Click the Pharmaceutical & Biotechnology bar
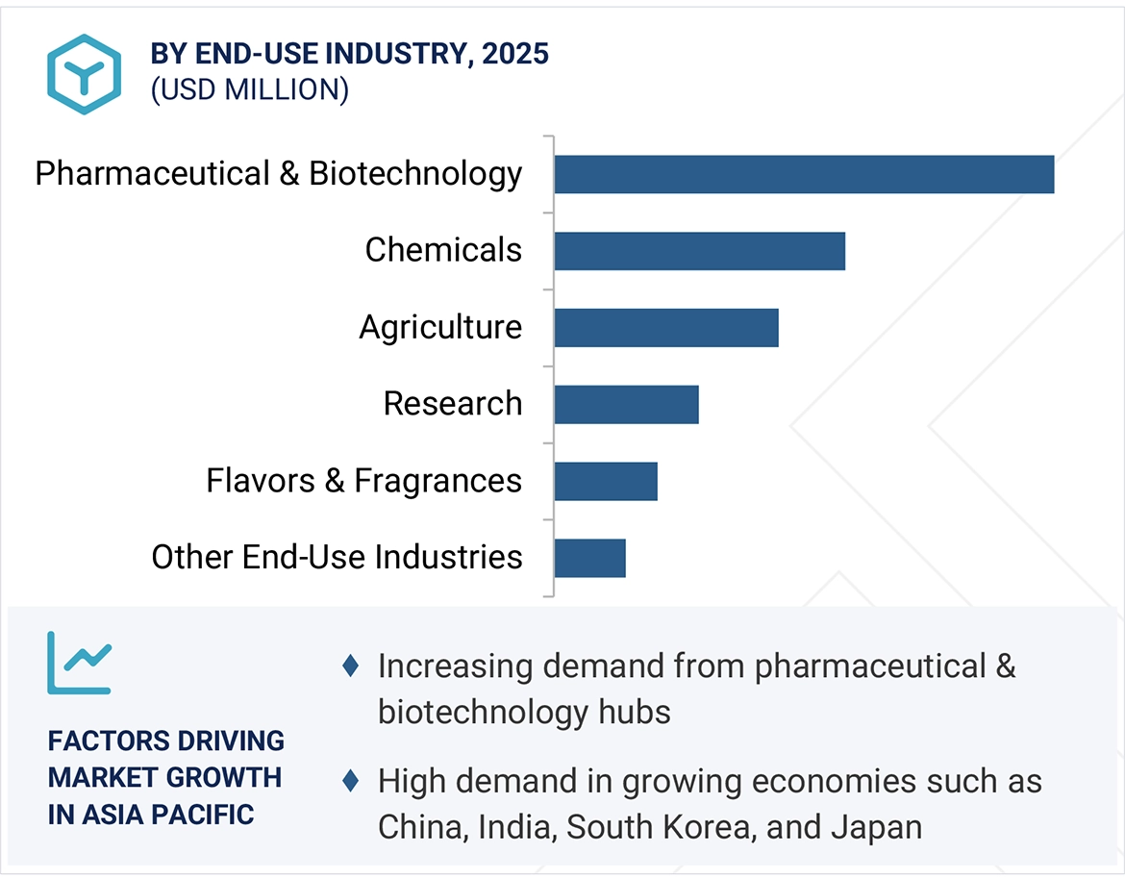804,174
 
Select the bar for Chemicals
699,251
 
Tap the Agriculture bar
665,328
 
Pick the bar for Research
626,405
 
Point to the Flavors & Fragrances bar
606,481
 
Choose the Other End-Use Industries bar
589,558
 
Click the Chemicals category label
443,250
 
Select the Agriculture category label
440,328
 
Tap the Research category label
452,404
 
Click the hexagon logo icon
85,75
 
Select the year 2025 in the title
515,54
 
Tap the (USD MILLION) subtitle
249,89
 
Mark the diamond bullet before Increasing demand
351,666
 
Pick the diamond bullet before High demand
351,781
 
